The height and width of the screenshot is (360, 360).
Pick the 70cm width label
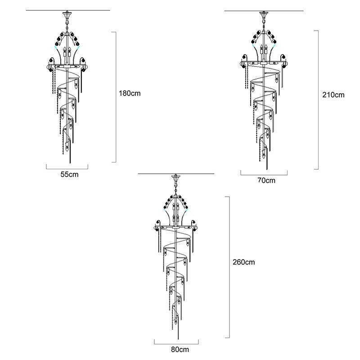point(266,180)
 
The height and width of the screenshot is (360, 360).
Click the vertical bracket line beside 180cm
point(116,97)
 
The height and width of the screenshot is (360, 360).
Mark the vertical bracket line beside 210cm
point(318,100)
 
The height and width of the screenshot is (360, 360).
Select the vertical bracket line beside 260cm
point(230,267)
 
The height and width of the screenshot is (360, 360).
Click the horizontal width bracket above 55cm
point(67,167)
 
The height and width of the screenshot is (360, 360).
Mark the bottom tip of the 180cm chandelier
point(70,162)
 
